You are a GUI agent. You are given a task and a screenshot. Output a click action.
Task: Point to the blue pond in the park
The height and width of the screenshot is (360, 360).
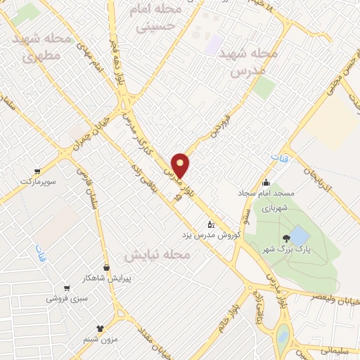point(298,234)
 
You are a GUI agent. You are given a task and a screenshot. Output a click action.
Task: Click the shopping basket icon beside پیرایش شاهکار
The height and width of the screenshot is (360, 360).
point(106,268)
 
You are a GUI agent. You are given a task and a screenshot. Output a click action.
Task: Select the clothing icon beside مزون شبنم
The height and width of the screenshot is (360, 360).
point(101,328)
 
